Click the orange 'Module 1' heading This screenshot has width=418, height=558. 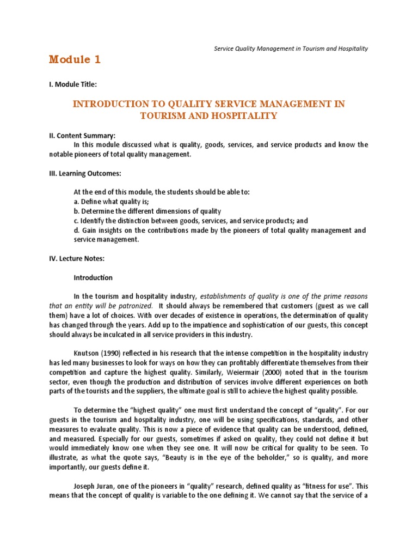click(75, 60)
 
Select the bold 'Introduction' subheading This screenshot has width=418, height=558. click(93, 277)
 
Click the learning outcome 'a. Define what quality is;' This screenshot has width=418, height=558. click(111, 202)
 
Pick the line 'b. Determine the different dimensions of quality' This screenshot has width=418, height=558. click(147, 211)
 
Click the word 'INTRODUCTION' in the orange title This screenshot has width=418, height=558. click(106, 104)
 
